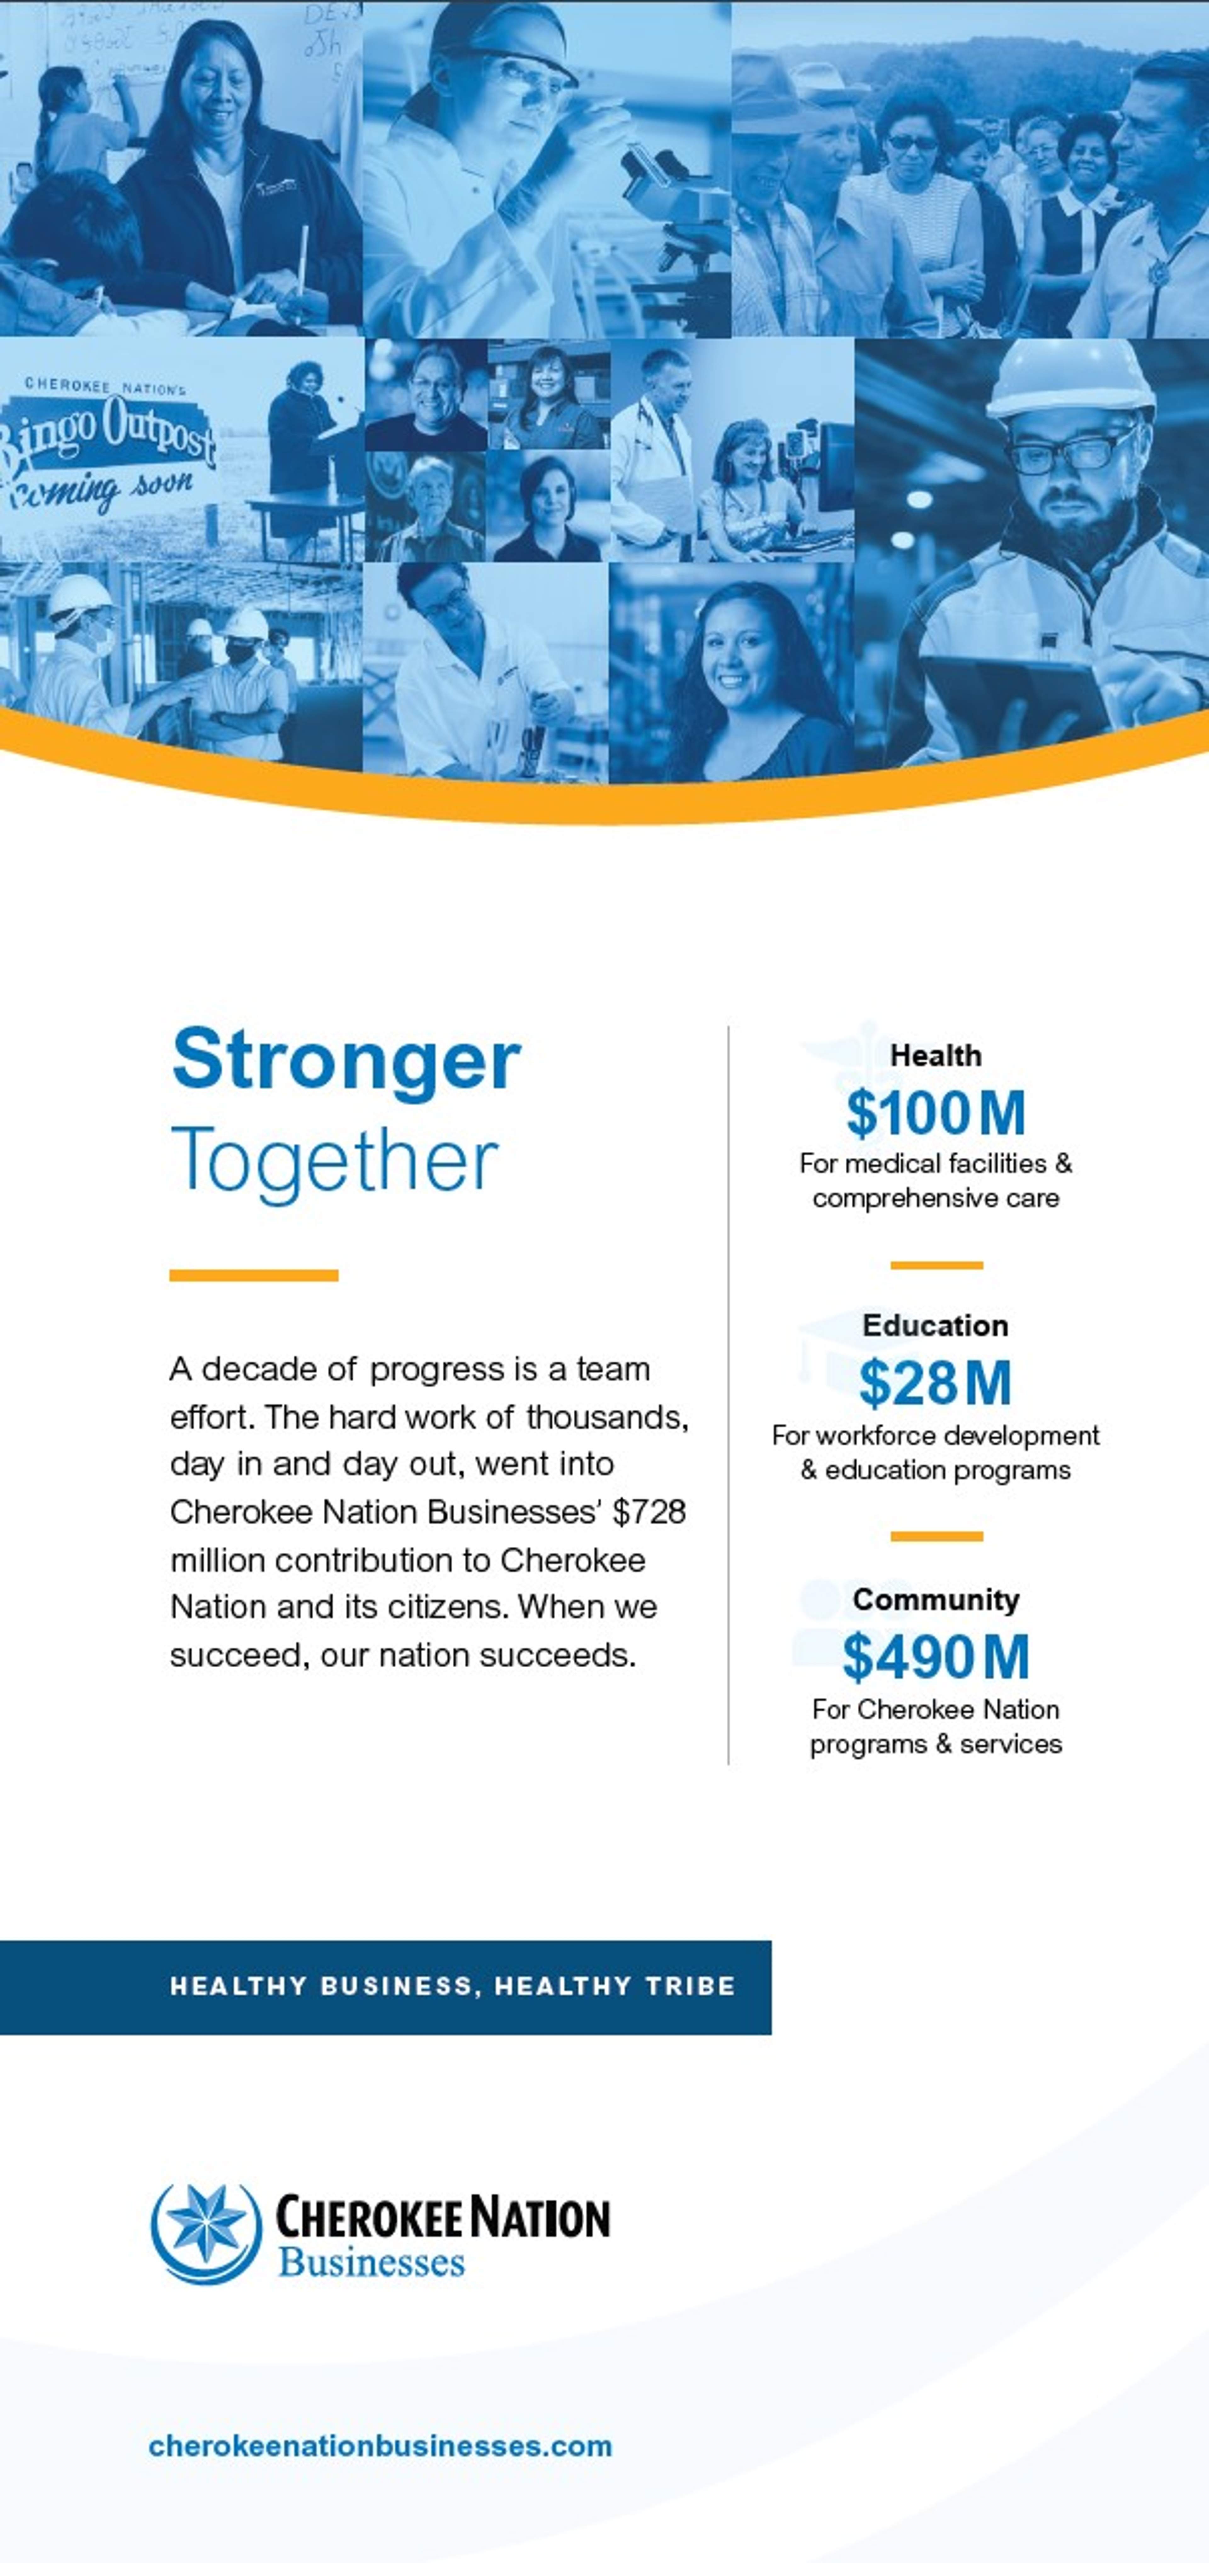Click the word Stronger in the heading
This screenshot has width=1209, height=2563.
(x=346, y=1060)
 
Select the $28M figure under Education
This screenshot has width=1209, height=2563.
(x=935, y=1383)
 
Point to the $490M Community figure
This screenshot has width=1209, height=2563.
(x=935, y=1657)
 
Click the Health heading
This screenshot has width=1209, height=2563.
(x=935, y=1056)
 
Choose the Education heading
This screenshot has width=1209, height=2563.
(x=935, y=1325)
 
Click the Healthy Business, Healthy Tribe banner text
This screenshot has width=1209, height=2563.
(x=453, y=1986)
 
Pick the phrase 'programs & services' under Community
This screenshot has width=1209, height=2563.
(x=935, y=1744)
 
